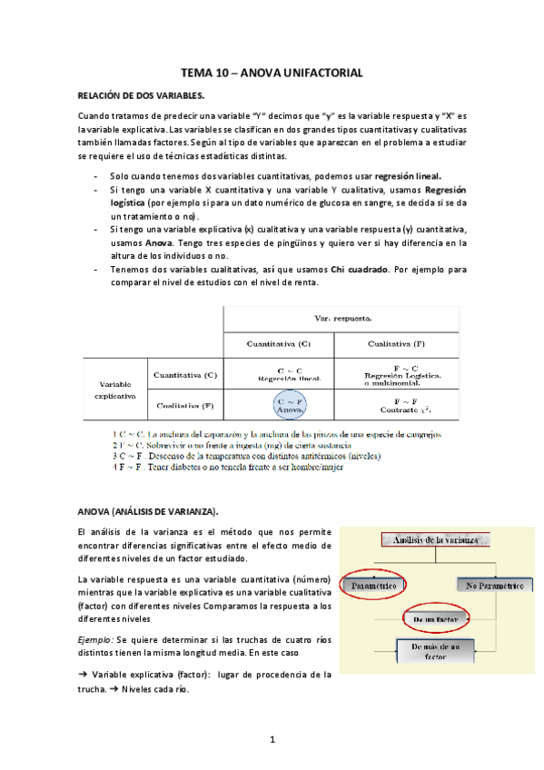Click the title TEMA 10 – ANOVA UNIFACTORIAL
point(272,71)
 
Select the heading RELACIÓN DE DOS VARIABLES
point(141,94)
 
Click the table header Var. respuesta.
point(335,320)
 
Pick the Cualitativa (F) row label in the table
point(185,405)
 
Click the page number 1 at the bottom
point(272,740)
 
